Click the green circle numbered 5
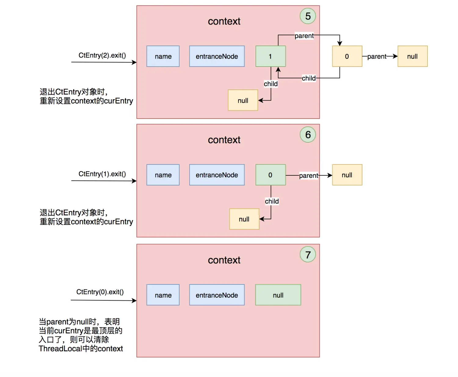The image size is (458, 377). [308, 16]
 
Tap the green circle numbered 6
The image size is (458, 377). [308, 135]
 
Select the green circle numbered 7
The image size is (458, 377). [308, 255]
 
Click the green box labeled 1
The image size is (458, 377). [271, 56]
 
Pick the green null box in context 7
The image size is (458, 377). [278, 295]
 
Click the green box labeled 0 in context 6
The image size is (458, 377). [271, 175]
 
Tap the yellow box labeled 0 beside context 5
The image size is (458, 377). [347, 56]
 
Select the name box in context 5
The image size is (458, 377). [163, 56]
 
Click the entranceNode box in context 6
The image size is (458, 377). [217, 175]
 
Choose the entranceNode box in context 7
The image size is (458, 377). [217, 295]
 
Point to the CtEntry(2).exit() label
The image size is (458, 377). [102, 55]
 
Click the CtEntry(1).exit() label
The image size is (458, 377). [102, 174]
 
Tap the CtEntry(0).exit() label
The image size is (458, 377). [100, 292]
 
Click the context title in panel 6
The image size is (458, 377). [224, 140]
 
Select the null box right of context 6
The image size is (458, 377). [347, 175]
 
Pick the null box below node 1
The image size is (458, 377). [243, 101]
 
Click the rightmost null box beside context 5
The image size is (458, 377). [412, 56]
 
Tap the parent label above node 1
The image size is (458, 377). [304, 36]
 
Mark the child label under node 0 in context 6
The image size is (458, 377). [272, 201]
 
